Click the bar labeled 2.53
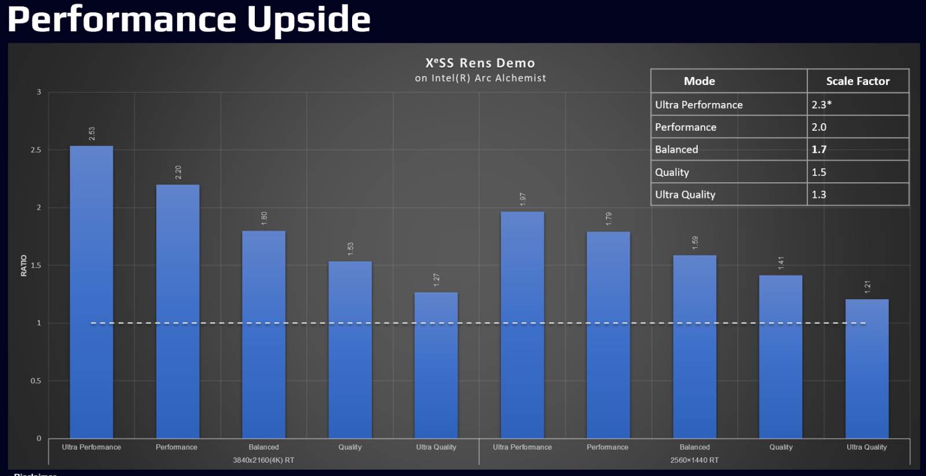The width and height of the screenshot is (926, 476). point(91,291)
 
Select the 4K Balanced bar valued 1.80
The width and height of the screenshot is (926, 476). point(263,334)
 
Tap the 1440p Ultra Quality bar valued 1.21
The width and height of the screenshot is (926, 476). point(866,368)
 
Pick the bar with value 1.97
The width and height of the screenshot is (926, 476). point(522,324)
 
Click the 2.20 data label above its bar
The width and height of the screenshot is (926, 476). point(178,172)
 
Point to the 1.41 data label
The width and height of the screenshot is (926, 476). point(781,263)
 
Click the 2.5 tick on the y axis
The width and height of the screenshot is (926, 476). point(36,150)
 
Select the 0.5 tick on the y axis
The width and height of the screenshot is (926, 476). point(36,381)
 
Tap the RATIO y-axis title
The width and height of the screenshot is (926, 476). point(24,265)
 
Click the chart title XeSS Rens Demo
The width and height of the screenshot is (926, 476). point(480,63)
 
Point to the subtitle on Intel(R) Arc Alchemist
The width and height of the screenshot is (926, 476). point(480,78)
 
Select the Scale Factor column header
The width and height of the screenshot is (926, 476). point(858,81)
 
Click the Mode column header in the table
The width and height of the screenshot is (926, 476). point(699,81)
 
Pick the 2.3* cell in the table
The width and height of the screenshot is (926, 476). point(821,105)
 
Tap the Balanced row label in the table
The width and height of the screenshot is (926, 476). point(676,149)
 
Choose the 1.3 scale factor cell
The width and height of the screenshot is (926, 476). point(819,194)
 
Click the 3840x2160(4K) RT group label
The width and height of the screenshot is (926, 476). point(263,460)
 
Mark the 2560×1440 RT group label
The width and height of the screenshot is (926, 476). point(694,460)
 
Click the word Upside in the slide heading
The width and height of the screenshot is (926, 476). point(309,19)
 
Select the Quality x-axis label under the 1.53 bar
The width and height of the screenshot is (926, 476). point(350,447)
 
